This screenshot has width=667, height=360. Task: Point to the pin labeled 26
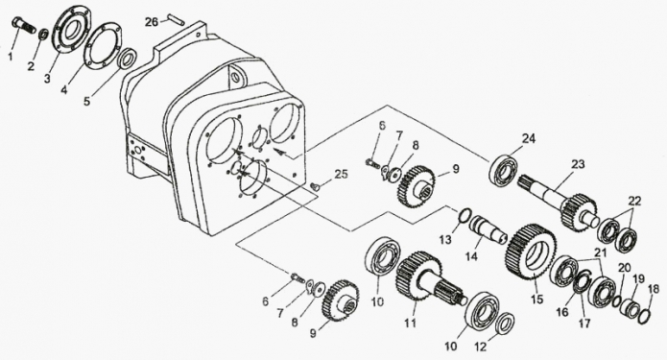174,20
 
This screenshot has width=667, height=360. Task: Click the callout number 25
341,174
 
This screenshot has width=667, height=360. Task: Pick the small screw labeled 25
316,185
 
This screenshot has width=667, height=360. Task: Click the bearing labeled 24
506,172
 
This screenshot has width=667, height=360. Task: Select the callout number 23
578,164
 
